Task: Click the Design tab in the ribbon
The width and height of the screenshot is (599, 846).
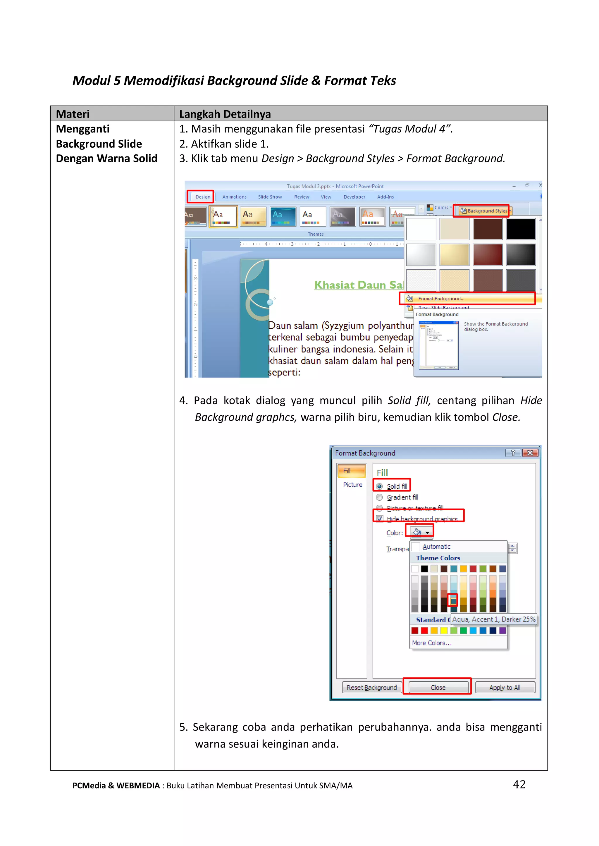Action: click(202, 197)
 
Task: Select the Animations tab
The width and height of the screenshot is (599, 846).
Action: click(234, 197)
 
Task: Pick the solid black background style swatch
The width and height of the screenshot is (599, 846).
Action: click(520, 229)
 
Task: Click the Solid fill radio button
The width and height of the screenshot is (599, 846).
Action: click(379, 486)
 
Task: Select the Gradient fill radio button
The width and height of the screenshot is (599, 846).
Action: click(379, 497)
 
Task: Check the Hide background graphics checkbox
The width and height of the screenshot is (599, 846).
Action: click(380, 518)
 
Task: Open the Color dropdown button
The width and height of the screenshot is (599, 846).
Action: click(421, 532)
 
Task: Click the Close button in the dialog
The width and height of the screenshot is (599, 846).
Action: click(438, 688)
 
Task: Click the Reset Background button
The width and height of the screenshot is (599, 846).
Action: click(371, 688)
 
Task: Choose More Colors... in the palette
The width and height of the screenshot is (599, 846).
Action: click(431, 643)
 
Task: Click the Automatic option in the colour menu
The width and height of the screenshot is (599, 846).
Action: click(436, 547)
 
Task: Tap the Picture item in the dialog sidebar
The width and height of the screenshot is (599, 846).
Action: click(352, 485)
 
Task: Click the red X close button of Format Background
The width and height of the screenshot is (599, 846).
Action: click(530, 453)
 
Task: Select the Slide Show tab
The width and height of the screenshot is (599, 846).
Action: click(270, 197)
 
